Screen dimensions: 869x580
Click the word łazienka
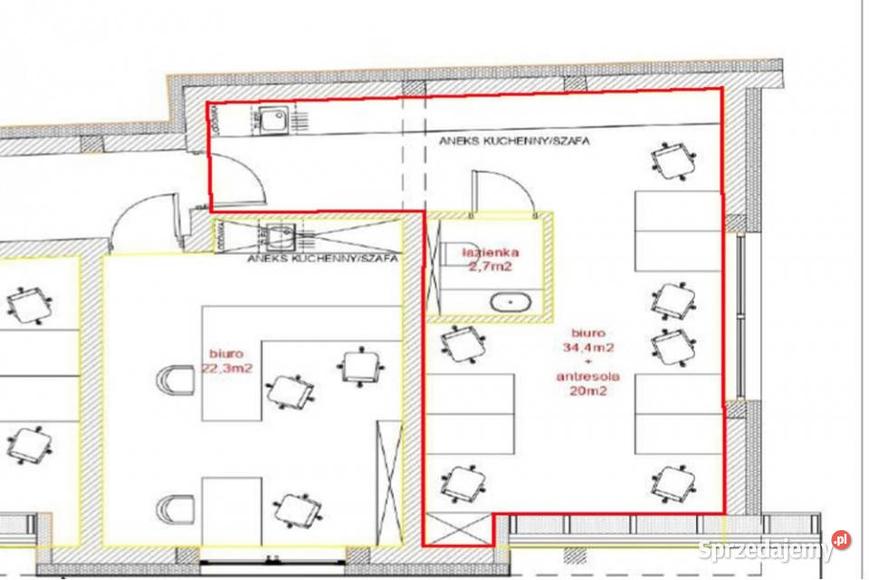click(x=491, y=253)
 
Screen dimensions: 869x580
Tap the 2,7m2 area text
click(x=491, y=266)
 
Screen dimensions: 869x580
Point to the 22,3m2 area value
click(x=227, y=367)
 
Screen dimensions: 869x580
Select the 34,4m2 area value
click(x=588, y=347)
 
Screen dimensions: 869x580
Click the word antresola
click(x=588, y=376)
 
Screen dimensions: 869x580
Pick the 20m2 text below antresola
click(x=588, y=391)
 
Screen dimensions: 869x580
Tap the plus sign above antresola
click(x=588, y=362)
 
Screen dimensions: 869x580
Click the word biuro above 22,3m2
click(x=226, y=353)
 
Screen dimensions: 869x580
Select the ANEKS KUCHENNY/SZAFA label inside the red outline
click(x=514, y=141)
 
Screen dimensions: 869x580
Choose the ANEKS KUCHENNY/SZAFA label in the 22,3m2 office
click(x=322, y=258)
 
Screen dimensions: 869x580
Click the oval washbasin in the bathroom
click(x=511, y=303)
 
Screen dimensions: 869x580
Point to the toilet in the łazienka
click(x=454, y=254)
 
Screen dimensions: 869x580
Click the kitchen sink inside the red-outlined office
click(x=273, y=121)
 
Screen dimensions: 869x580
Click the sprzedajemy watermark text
click(x=766, y=550)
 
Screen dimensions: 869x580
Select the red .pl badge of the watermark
click(x=841, y=539)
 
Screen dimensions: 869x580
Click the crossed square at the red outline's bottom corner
click(x=458, y=529)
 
